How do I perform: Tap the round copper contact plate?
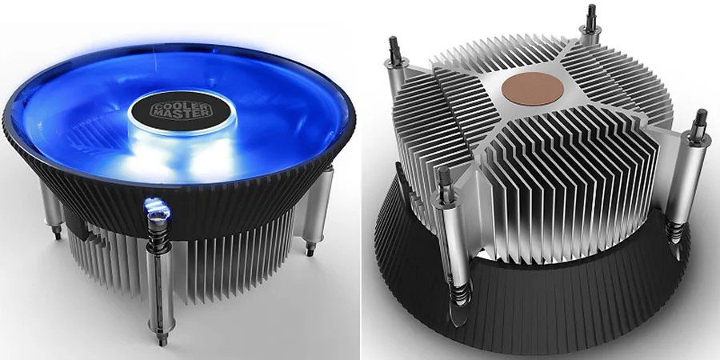533,89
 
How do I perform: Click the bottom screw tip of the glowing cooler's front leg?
161,341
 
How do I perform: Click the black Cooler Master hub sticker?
181,110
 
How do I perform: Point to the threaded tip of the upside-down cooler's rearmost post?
591,15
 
